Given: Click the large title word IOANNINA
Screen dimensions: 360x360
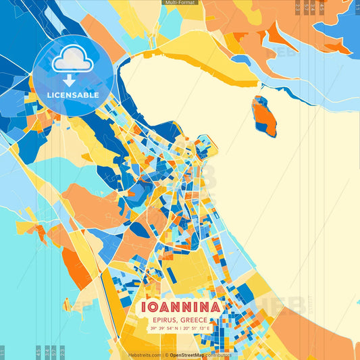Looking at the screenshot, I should tap(180, 308).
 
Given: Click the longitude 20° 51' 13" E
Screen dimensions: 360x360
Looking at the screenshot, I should tap(196, 329).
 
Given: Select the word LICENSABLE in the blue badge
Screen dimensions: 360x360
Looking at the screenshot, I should tap(73, 95).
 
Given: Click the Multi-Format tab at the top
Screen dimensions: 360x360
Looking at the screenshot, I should tap(180, 3).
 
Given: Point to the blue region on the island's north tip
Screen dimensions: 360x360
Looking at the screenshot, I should tap(259, 102).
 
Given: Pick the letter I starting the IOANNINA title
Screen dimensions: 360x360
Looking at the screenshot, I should tap(144, 308).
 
